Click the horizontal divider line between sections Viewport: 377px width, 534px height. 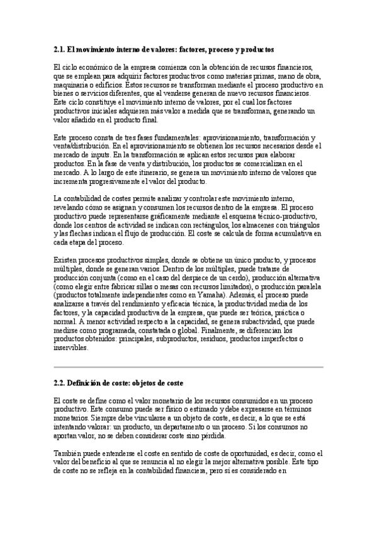pyautogui.click(x=188, y=366)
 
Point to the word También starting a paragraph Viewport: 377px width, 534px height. pyautogui.click(x=68, y=453)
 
